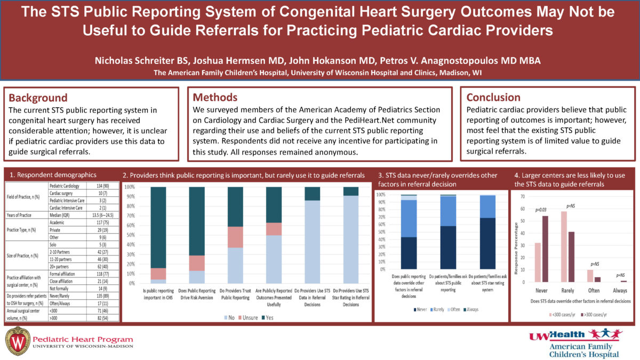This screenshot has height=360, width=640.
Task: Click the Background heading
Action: (38, 98)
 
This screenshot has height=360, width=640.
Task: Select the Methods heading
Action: (215, 98)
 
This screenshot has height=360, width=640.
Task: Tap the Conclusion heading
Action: (493, 98)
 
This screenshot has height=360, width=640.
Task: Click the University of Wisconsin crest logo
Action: (17, 340)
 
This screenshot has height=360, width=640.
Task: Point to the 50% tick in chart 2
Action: (129, 235)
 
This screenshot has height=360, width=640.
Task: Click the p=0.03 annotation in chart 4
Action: (541, 210)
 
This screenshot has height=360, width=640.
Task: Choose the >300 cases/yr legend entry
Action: (592, 315)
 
